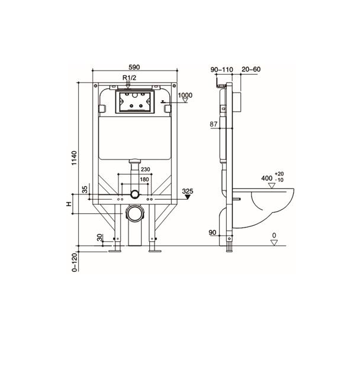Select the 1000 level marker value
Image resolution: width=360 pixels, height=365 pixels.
click(186, 95)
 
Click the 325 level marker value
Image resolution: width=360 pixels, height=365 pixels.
click(188, 191)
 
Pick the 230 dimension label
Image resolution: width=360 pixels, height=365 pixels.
click(146, 169)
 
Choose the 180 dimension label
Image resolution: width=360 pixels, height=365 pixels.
click(144, 180)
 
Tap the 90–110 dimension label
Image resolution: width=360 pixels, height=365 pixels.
click(222, 70)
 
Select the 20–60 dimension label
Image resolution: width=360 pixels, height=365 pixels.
click(251, 70)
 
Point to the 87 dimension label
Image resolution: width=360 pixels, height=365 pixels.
click(214, 124)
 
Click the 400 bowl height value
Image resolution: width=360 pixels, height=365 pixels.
click(267, 178)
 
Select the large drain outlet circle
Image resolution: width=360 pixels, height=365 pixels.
click(135, 213)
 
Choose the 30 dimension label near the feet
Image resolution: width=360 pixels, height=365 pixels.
click(100, 238)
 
